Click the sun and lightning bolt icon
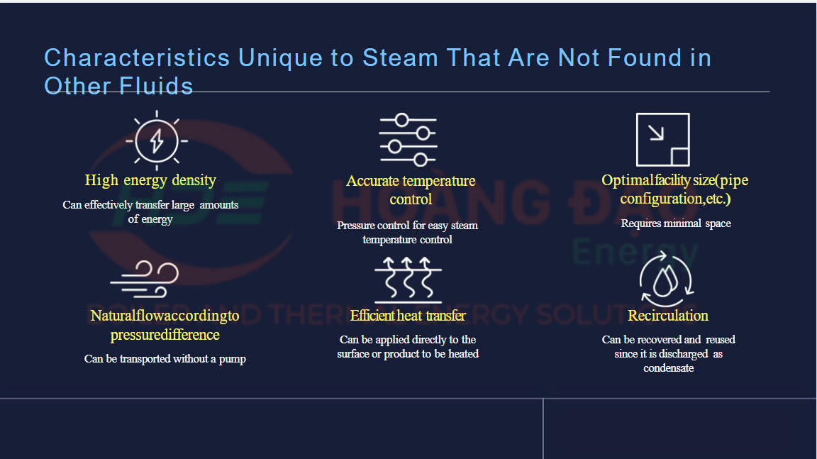(x=156, y=140)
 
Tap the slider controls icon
(x=408, y=140)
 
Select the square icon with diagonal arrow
(x=663, y=140)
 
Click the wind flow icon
(x=145, y=280)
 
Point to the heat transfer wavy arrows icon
(x=408, y=280)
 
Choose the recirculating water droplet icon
(x=667, y=280)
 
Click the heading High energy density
(x=150, y=180)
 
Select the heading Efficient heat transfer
(x=408, y=316)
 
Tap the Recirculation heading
(x=668, y=316)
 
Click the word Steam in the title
(x=400, y=58)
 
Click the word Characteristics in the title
(x=137, y=58)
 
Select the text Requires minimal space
(x=676, y=223)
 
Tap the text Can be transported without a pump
(x=165, y=359)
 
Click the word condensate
(x=669, y=368)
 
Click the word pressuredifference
(x=165, y=335)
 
